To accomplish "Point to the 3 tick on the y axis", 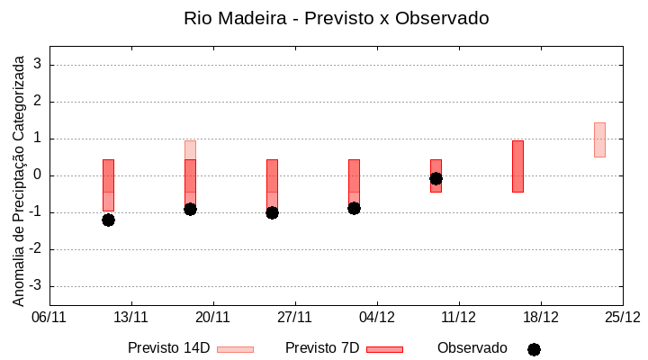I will tap(39, 65).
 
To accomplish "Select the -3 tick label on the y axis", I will tap(36, 286).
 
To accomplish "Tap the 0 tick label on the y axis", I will tap(39, 175).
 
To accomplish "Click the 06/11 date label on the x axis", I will tap(49, 317).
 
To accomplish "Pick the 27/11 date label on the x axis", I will tap(295, 317).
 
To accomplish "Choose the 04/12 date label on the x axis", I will tap(377, 317).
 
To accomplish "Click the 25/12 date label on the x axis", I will tap(622, 317).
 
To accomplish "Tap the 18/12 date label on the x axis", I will tap(541, 317).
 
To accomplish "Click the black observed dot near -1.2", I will tap(108, 220).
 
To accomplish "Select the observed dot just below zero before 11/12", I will tap(436, 178).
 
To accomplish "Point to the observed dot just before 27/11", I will tap(272, 212).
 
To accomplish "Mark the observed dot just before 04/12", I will tap(354, 208).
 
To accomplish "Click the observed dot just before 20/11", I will tap(190, 209).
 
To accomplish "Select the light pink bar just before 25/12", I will tap(599, 139).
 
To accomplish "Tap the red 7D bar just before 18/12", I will tap(517, 166).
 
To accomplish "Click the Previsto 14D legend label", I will tap(168, 348).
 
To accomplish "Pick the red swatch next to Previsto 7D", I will tap(384, 349).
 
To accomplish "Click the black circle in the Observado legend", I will tap(534, 349).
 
